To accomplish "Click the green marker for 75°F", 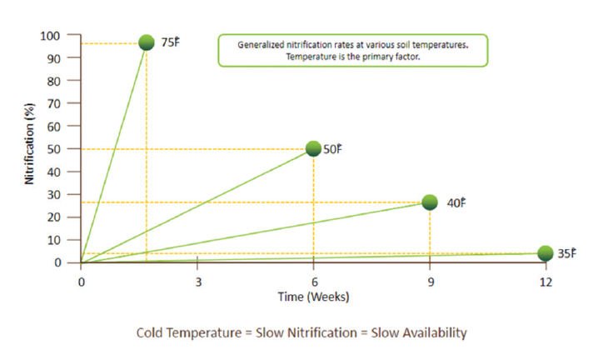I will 147,42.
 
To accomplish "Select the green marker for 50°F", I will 313,148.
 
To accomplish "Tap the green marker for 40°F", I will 430,202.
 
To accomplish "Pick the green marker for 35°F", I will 546,253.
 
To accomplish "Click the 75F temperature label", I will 169,42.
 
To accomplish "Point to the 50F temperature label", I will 333,149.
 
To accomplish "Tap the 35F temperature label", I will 566,253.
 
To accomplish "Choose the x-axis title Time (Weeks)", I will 313,297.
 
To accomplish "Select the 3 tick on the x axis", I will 197,281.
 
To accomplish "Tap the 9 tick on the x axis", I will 430,281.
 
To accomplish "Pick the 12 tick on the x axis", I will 546,281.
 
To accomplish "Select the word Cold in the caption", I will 152,332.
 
